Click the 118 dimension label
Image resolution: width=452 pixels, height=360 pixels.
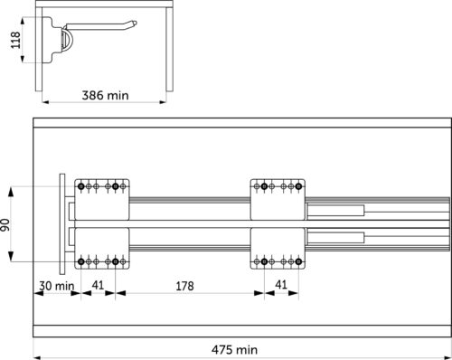point(15,40)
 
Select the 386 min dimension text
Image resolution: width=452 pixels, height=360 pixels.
point(105,95)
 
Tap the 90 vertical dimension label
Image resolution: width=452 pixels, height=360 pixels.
point(5,225)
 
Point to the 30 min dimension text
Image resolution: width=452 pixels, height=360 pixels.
point(57,286)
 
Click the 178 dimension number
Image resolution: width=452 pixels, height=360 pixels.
point(184,286)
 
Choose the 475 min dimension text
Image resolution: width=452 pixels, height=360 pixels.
point(234,350)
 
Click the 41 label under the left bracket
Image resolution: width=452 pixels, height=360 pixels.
point(98,285)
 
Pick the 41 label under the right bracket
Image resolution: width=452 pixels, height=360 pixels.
point(281,285)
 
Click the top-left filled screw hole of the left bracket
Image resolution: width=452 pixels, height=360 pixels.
point(80,186)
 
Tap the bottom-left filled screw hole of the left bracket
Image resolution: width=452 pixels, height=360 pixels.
point(80,261)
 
